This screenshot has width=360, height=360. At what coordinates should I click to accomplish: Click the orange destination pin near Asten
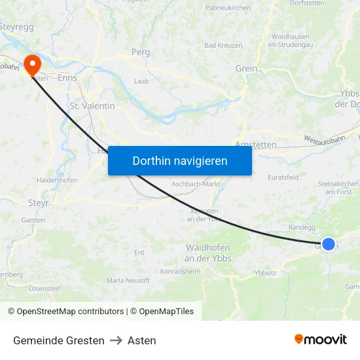click(x=31, y=64)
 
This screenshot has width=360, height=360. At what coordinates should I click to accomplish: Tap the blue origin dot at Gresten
click(x=329, y=244)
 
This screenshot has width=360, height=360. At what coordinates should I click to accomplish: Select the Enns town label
click(x=67, y=77)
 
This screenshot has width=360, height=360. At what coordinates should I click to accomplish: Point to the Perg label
click(x=141, y=52)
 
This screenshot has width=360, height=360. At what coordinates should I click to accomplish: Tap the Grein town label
click(x=246, y=68)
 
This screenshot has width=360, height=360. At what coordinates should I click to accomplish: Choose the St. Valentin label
click(x=92, y=105)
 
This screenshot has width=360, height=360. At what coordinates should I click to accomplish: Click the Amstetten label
click(x=255, y=145)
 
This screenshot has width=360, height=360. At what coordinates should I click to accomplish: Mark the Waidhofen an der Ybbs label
click(x=208, y=253)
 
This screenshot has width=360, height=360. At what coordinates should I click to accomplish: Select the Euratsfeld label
click(x=283, y=177)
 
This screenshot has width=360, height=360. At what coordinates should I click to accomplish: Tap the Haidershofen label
click(x=58, y=180)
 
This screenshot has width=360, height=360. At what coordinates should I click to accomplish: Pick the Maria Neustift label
click(x=128, y=280)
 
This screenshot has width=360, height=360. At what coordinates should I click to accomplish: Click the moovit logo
click(x=320, y=339)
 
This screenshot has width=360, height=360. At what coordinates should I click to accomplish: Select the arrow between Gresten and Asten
click(x=116, y=340)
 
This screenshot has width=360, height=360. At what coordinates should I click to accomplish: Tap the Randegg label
click(x=302, y=227)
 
